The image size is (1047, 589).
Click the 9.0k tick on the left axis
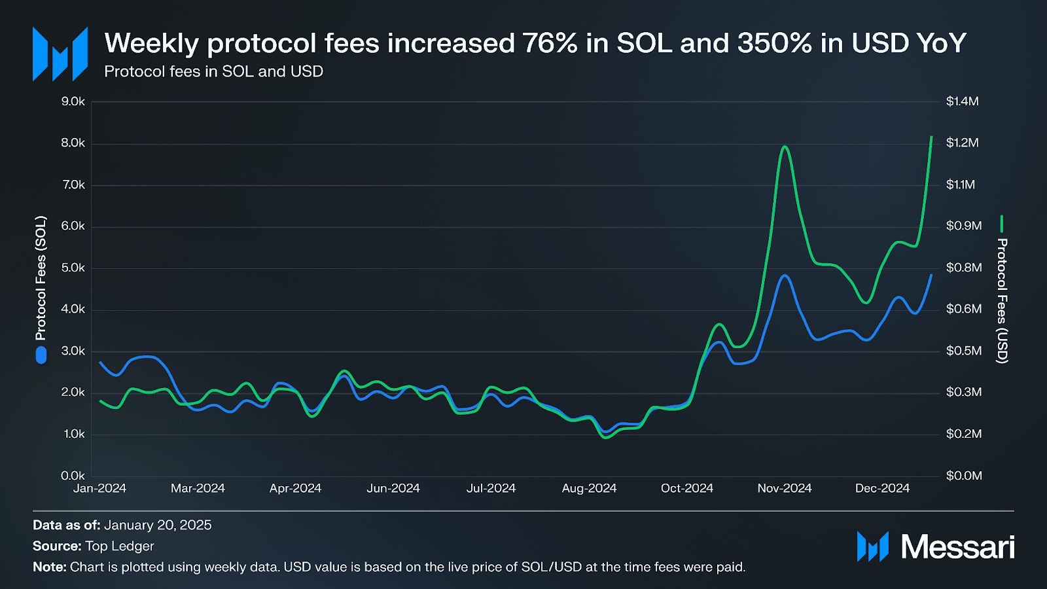pyautogui.click(x=73, y=101)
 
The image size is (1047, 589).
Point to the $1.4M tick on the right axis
pyautogui.click(x=962, y=101)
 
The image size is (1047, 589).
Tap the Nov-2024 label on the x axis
pyautogui.click(x=784, y=488)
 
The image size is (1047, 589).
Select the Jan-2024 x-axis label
pyautogui.click(x=99, y=488)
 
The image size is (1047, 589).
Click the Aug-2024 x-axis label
pyautogui.click(x=589, y=488)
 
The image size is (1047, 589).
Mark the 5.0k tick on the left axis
pyautogui.click(x=73, y=268)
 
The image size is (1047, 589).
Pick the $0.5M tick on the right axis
pyautogui.click(x=964, y=351)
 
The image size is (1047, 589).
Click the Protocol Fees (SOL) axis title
pyautogui.click(x=41, y=278)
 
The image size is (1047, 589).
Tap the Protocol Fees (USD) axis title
pyautogui.click(x=1001, y=300)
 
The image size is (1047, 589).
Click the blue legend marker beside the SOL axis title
pyautogui.click(x=41, y=355)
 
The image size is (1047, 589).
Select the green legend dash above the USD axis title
pyautogui.click(x=1001, y=224)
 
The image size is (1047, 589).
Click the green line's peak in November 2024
pyautogui.click(x=784, y=147)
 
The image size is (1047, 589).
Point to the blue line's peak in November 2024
pyautogui.click(x=785, y=276)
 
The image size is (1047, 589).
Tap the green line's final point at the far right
pyautogui.click(x=931, y=137)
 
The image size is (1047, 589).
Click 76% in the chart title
pyautogui.click(x=550, y=43)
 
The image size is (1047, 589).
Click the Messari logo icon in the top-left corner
pyautogui.click(x=60, y=54)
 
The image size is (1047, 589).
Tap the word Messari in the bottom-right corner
pyautogui.click(x=957, y=546)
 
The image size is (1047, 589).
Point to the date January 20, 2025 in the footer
pyautogui.click(x=158, y=525)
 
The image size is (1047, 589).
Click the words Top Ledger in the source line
pyautogui.click(x=120, y=546)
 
